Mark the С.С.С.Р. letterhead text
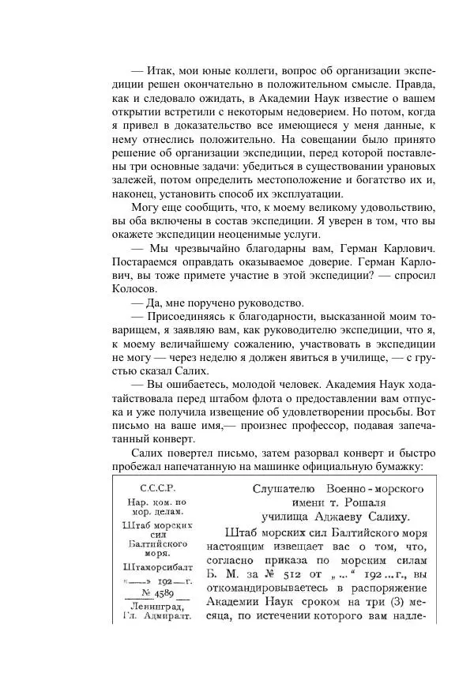(156, 488)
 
